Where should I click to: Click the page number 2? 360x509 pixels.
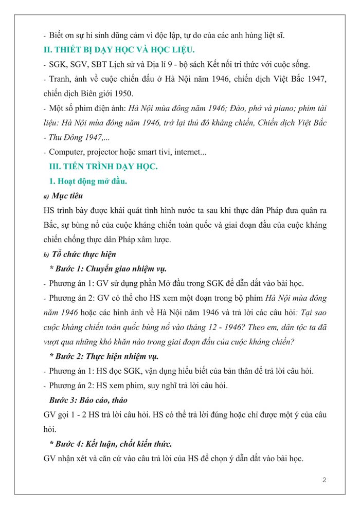(x=324, y=480)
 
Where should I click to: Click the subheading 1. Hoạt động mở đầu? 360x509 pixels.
(x=87, y=181)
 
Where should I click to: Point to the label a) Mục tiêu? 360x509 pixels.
(x=64, y=196)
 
